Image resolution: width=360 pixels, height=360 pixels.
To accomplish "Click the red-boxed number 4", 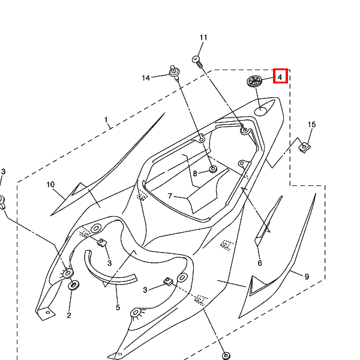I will [280, 76].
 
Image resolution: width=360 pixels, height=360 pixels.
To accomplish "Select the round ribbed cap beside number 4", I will [254, 82].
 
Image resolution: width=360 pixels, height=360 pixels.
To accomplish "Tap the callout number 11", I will [203, 38].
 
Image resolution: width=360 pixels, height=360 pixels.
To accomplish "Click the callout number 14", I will [146, 78].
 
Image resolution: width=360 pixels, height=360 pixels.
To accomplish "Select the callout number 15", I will [311, 125].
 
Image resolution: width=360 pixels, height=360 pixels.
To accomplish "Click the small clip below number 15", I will [305, 146].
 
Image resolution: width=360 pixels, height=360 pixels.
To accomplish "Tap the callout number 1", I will [106, 120].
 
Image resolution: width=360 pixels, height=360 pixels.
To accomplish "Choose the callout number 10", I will [50, 184].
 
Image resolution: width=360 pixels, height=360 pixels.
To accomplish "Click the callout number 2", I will [69, 314].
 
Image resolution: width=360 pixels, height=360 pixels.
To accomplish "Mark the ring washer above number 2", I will [74, 284].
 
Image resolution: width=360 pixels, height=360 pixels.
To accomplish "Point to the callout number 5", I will [118, 307].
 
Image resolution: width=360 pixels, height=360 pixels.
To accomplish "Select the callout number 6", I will [260, 263].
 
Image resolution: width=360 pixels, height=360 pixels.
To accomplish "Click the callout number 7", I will [170, 196].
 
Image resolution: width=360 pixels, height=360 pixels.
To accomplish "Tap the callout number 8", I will [194, 173].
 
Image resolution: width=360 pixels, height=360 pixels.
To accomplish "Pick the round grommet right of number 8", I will [212, 170].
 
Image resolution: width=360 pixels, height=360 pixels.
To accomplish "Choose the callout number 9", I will [307, 277].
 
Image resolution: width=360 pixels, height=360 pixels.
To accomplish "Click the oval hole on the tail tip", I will [262, 110].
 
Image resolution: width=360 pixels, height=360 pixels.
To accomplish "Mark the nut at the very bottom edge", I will [226, 356].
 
